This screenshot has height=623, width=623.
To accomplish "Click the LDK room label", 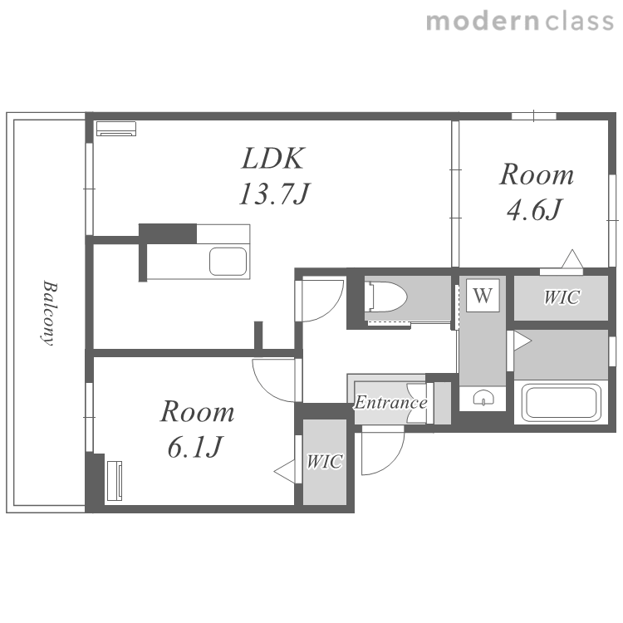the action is coord(273,159).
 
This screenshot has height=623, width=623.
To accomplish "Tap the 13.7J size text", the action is coord(274,194).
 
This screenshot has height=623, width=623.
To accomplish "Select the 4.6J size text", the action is coord(534,209).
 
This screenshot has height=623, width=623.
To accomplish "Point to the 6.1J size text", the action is coord(194,447).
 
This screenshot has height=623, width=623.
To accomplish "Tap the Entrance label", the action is coord(391,403).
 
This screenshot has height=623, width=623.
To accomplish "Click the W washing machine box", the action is coord(483,296).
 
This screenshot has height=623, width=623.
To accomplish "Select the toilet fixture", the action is coord(386,297).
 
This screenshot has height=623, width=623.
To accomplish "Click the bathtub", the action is coord(561,403).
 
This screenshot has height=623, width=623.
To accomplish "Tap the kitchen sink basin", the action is coord(228,262).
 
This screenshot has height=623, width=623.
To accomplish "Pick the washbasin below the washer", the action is coord(483,397).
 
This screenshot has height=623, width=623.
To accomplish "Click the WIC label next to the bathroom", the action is coord(562,297).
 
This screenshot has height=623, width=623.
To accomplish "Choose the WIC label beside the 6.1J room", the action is coord(325,461).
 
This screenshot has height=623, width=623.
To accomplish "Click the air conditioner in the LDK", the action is coord(116,128).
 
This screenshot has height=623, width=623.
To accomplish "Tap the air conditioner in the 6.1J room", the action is coord(115,481).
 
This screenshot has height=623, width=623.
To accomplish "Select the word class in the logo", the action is coord(579,22).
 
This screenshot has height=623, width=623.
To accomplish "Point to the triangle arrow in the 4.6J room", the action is coord(572,258).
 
